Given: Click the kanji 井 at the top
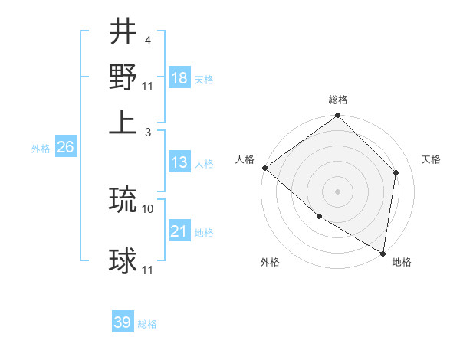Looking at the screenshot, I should click(x=123, y=31).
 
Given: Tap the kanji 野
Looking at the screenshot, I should click(x=123, y=77).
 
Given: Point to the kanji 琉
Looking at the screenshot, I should click(x=123, y=199).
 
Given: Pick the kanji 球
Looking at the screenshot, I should click(x=123, y=261).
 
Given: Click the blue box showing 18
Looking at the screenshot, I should click(x=179, y=78).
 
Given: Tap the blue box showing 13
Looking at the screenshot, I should click(x=179, y=162).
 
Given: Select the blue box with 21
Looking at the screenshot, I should click(x=179, y=231).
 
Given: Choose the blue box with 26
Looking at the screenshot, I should click(x=65, y=148).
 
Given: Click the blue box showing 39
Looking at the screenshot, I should click(x=123, y=322).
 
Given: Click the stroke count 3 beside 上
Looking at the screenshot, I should click(x=148, y=132).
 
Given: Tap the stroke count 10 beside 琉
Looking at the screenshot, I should click(x=148, y=208).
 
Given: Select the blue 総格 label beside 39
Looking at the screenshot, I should click(x=147, y=324).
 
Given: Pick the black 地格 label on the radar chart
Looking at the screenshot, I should click(x=402, y=263).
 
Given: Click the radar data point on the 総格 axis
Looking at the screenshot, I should click(x=337, y=116).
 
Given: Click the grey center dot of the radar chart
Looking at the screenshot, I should click(x=337, y=191).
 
